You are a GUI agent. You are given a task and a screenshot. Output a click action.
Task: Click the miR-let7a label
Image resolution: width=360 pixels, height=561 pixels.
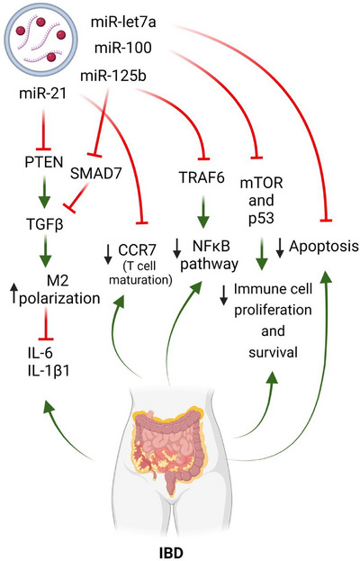point(123,23)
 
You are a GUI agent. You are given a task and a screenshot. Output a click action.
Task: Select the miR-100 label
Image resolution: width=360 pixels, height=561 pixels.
point(123,48)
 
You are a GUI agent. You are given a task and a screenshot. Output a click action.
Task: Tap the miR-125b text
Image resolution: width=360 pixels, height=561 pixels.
point(113,76)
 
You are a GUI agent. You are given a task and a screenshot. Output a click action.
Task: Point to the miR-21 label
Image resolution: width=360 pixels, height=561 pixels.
point(42,94)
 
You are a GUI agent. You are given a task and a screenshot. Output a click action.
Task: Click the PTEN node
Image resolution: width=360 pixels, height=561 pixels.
point(44,162)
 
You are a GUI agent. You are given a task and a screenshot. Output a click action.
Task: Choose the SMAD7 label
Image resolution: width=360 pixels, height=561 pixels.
point(96,174)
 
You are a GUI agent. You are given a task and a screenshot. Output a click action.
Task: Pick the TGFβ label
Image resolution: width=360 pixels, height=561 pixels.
point(45,225)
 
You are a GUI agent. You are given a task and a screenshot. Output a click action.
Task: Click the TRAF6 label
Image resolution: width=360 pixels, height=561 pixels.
point(202,177)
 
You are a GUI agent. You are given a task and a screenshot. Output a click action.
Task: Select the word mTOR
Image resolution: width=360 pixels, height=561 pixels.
point(261,183)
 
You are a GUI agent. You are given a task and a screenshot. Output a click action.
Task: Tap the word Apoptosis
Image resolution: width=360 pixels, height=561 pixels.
point(323,246)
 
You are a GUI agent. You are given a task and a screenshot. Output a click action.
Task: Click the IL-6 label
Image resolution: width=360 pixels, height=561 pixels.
point(40,353)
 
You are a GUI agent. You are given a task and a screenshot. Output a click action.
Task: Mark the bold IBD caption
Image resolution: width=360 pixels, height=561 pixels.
point(171,553)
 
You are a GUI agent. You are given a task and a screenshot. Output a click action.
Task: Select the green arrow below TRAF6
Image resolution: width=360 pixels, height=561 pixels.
point(203,209)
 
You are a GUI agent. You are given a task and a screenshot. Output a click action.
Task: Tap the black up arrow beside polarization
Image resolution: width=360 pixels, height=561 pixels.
point(13,293)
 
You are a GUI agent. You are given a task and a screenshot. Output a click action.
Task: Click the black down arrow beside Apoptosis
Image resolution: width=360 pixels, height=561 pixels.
point(280,248)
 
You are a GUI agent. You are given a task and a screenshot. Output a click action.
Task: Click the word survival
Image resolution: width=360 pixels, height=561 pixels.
point(273,352)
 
